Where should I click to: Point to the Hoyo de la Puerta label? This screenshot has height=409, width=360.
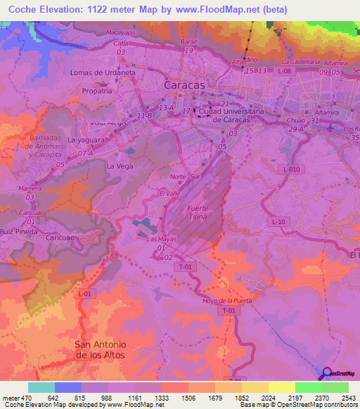click(x=226, y=301)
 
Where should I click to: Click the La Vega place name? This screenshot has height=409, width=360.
click(x=119, y=166)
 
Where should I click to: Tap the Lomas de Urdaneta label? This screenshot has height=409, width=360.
click(x=103, y=72)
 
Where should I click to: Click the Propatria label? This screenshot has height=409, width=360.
click(x=96, y=91)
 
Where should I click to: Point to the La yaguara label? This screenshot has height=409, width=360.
click(x=86, y=140)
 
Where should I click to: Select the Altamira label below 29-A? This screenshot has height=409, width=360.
click(x=327, y=112)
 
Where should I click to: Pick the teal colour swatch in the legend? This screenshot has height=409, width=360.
click(x=41, y=387)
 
